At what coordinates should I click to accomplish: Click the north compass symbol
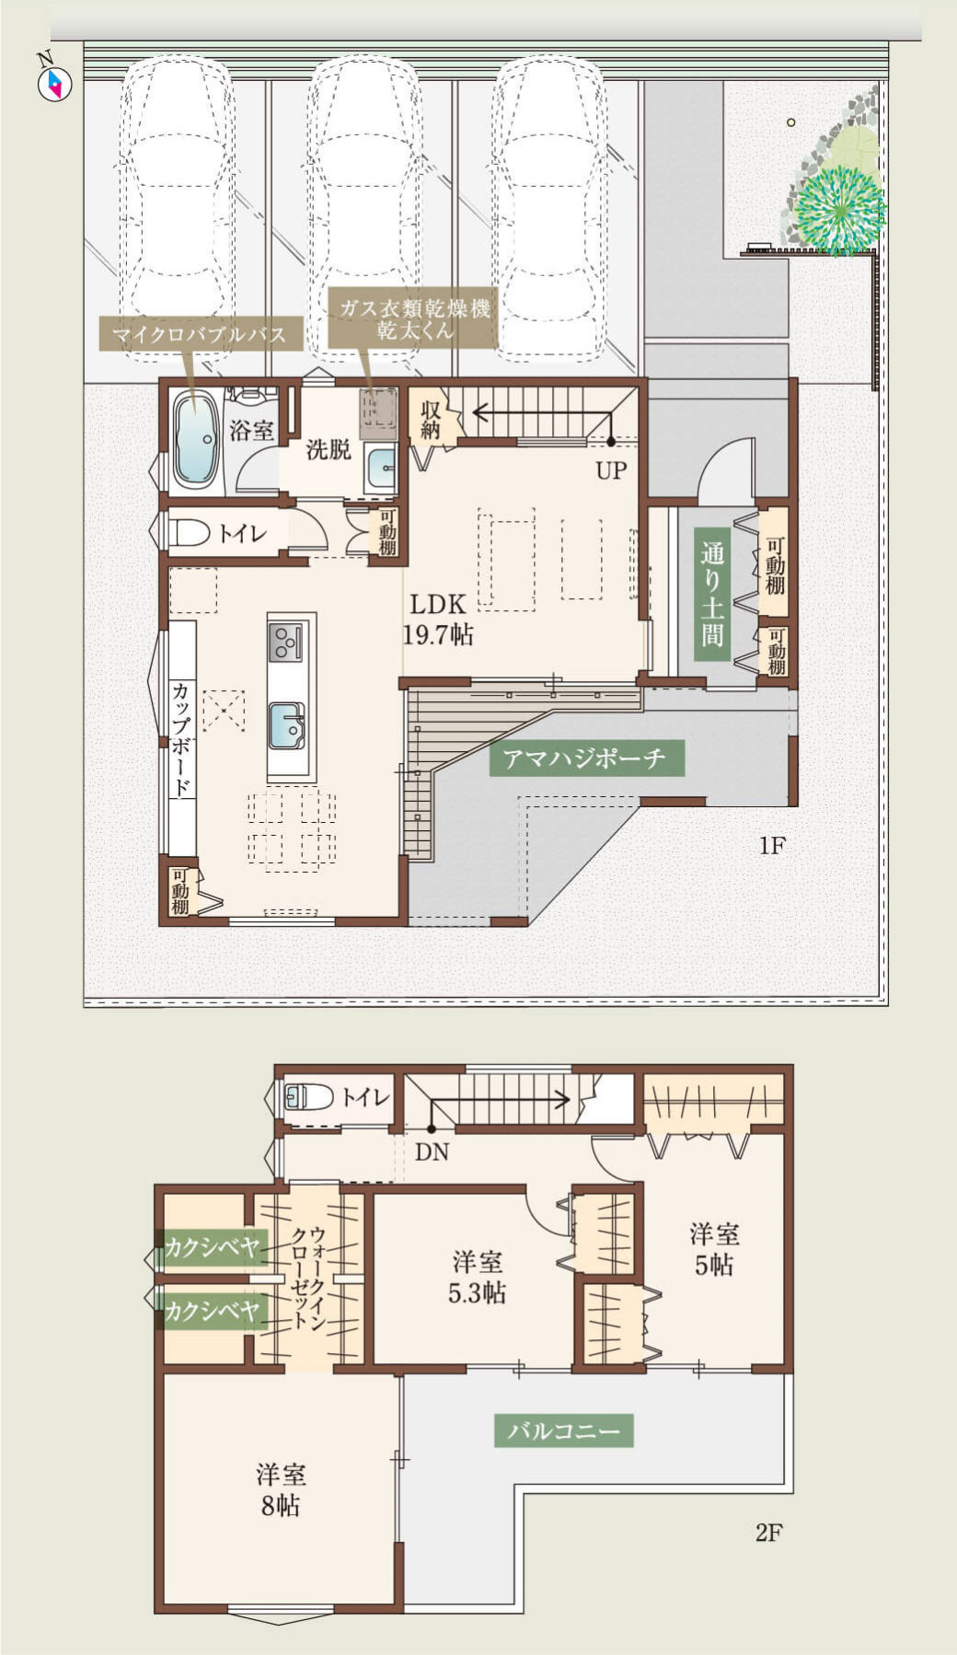pyautogui.click(x=53, y=82)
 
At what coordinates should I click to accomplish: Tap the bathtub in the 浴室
pyautogui.click(x=196, y=441)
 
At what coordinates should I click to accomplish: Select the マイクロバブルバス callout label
pyautogui.click(x=201, y=334)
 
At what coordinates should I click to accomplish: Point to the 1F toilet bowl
pyautogui.click(x=190, y=533)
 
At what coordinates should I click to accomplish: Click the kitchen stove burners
pyautogui.click(x=285, y=642)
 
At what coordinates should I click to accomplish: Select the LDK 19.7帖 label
pyautogui.click(x=438, y=619)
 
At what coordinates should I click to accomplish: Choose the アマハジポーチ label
pyautogui.click(x=586, y=758)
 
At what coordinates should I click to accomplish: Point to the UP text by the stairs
pyautogui.click(x=610, y=471)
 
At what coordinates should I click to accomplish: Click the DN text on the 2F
pyautogui.click(x=432, y=1152)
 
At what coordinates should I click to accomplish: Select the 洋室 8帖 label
pyautogui.click(x=281, y=1489)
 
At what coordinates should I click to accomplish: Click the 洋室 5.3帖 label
pyautogui.click(x=477, y=1277)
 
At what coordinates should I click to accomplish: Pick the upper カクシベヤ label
pyautogui.click(x=211, y=1248)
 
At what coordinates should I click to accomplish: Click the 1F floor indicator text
pyautogui.click(x=771, y=846)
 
